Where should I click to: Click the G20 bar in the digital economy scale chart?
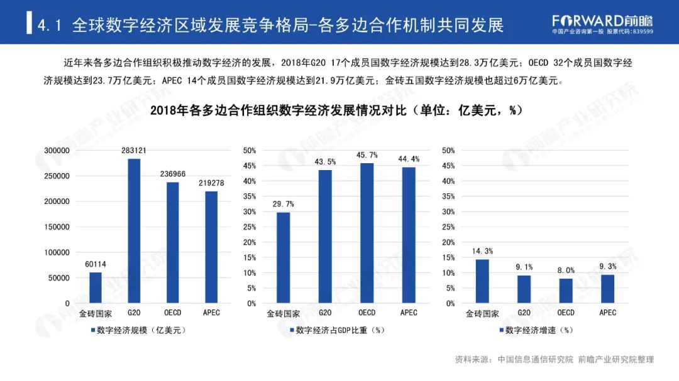point(134,231)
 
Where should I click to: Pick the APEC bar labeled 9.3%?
point(607,289)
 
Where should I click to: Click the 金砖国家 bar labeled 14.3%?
point(482,281)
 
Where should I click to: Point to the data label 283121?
point(134,151)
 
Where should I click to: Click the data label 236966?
point(172,174)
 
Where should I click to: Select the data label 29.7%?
point(283,204)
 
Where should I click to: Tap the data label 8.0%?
point(566,271)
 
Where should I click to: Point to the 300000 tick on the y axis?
point(57,151)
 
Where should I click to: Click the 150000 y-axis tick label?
point(57,227)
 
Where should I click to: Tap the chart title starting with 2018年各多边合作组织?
point(337,110)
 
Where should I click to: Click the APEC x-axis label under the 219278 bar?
point(211,313)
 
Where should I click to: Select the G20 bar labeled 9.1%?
point(524,289)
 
